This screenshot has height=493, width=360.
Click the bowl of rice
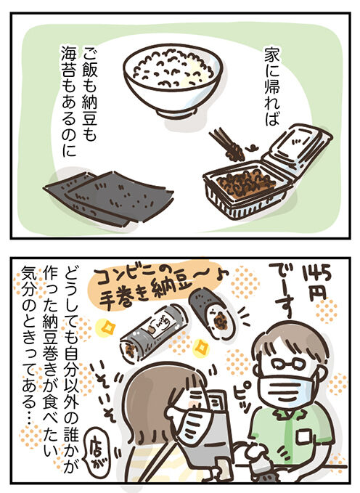tap(173, 82)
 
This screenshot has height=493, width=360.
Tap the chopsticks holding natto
tap(226, 144)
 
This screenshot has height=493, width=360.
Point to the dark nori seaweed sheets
tap(108, 197)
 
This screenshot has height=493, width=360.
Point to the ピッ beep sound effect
tap(244, 397)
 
